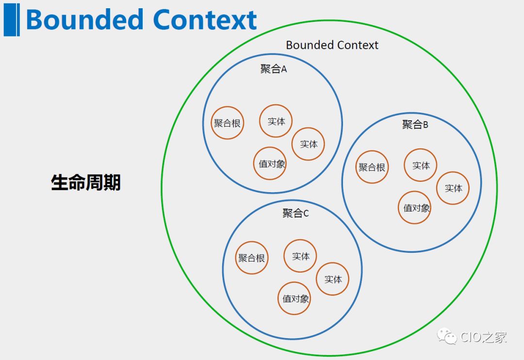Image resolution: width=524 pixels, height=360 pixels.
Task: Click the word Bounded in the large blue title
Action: (x=84, y=20)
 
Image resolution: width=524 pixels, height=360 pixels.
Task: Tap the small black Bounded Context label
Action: (x=332, y=45)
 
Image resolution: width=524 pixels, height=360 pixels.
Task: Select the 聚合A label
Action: (x=274, y=69)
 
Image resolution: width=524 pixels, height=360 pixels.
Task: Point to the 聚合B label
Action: (x=415, y=124)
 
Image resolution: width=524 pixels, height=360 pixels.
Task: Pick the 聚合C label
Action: (x=295, y=213)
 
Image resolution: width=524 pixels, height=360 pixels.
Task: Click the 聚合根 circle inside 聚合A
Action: (x=227, y=123)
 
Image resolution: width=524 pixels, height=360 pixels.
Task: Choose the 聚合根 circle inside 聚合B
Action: (x=372, y=167)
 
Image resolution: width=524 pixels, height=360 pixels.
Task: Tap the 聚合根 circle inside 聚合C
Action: (x=251, y=258)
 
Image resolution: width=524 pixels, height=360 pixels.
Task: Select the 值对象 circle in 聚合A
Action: (x=270, y=164)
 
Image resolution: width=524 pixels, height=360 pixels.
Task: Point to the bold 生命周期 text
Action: (x=86, y=182)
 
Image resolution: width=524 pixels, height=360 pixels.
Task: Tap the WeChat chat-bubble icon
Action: (x=447, y=336)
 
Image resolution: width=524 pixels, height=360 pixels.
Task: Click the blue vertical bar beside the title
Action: (x=11, y=19)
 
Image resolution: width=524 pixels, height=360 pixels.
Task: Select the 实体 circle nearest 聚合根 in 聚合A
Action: (x=276, y=121)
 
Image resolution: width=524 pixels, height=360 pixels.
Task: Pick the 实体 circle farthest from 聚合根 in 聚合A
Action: (x=308, y=144)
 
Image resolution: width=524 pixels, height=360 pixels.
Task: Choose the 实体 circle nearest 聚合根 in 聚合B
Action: (x=421, y=165)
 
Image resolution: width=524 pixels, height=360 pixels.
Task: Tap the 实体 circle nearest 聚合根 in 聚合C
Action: (x=300, y=256)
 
